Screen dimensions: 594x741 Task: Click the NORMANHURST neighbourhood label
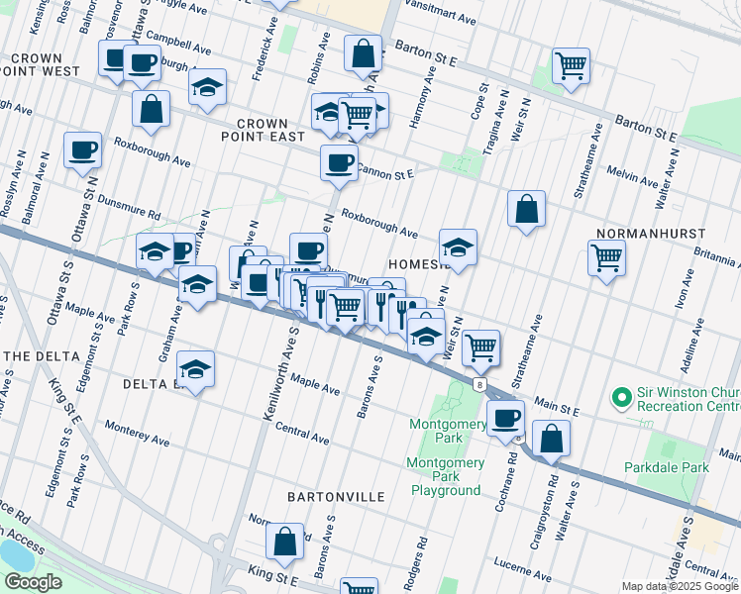click(x=650, y=234)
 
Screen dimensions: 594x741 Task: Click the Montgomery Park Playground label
click(x=446, y=476)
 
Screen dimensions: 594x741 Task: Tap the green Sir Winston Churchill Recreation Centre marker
click(x=622, y=398)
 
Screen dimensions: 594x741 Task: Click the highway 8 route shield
click(x=478, y=383)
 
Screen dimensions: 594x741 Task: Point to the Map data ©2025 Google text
click(x=680, y=586)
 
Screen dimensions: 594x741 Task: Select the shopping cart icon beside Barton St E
click(x=571, y=65)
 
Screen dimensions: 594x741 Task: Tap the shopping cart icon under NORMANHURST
click(x=605, y=257)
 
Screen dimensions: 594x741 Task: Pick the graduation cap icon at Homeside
click(x=458, y=247)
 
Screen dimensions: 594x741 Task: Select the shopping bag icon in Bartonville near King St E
click(x=285, y=541)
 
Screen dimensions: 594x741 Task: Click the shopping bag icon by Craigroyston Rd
click(x=551, y=438)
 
